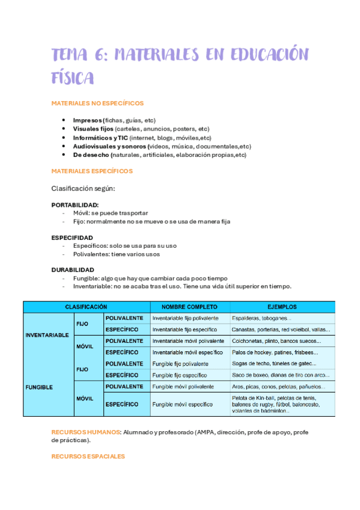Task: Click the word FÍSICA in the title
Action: (73, 78)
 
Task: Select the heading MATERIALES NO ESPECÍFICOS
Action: (97, 103)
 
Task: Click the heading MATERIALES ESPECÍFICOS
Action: (92, 171)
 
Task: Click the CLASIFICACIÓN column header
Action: (87, 307)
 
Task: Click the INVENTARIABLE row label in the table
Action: (47, 335)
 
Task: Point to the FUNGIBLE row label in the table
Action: (38, 387)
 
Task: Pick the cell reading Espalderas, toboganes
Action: (261, 318)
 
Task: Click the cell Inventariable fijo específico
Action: (185, 330)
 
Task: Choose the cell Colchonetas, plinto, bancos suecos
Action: (276, 341)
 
